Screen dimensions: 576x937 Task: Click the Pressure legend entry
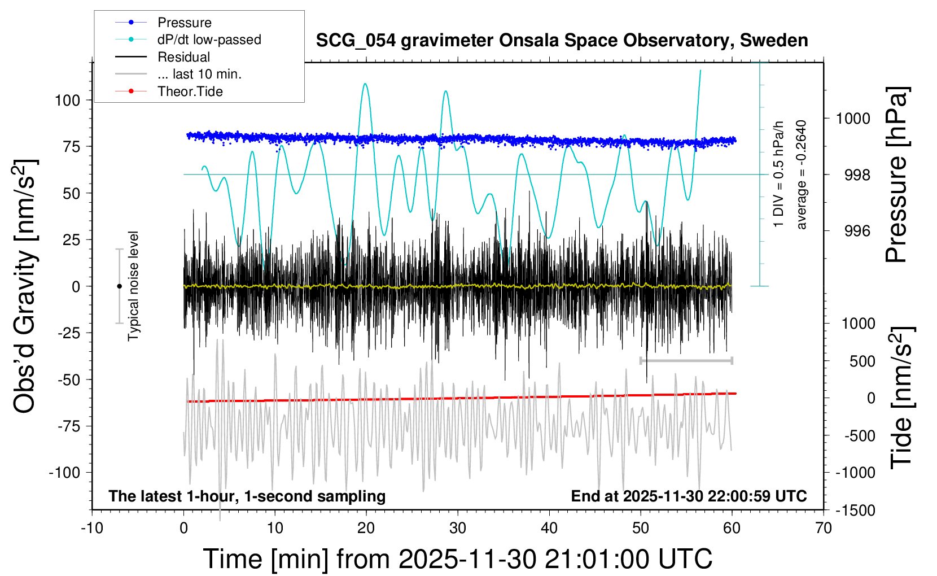tap(184, 23)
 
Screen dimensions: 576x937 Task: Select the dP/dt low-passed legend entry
tap(209, 40)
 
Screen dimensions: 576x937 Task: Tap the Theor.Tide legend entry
tap(190, 91)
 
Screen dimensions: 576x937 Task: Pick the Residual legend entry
tap(183, 57)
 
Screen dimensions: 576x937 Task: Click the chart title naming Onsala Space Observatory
tap(562, 41)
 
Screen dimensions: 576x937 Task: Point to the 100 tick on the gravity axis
tap(67, 101)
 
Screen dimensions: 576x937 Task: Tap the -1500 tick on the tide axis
tap(855, 510)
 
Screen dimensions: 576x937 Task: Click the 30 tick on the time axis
tap(458, 529)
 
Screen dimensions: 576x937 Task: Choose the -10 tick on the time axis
tap(92, 529)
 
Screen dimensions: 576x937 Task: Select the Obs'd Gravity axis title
tap(25, 286)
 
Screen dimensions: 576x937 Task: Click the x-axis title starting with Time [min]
tap(457, 559)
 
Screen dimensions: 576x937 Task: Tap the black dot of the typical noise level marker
tap(119, 286)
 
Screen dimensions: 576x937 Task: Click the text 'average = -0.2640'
tap(801, 175)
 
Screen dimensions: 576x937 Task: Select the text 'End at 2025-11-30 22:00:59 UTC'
tap(689, 496)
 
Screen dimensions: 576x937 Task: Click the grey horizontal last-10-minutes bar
tap(686, 360)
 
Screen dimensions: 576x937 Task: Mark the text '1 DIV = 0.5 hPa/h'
tap(779, 175)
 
